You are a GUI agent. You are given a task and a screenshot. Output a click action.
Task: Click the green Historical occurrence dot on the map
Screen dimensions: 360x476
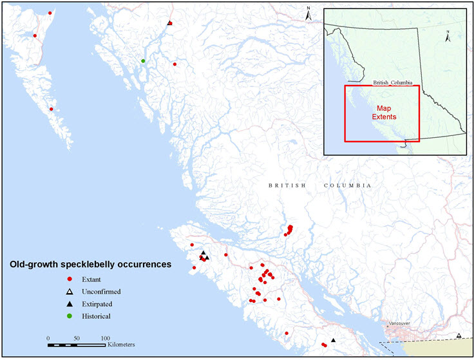pos(143,61)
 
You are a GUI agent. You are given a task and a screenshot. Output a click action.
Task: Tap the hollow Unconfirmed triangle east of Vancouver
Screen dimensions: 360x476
pos(458,336)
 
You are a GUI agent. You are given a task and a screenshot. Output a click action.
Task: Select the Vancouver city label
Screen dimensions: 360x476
pos(399,323)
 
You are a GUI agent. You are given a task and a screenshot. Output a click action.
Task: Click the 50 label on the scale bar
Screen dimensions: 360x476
pos(77,337)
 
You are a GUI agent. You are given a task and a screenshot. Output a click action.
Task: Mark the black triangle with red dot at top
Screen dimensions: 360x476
pos(169,23)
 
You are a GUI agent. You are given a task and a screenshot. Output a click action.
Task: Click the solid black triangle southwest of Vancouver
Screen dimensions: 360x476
pos(333,340)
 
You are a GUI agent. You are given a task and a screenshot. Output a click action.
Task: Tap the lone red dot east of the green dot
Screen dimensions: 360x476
pos(175,64)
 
